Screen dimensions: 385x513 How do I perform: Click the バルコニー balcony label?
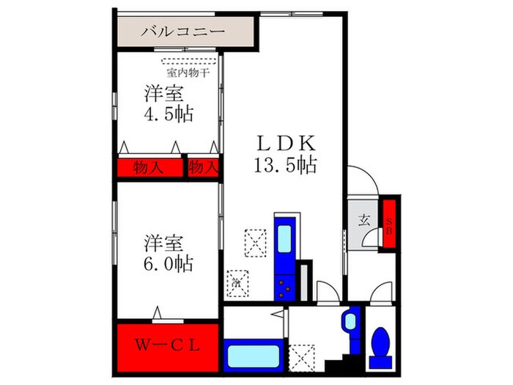182,32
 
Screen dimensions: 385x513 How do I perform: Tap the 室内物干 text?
188,73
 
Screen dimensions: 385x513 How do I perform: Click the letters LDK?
285,141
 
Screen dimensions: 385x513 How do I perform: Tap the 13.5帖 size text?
285,165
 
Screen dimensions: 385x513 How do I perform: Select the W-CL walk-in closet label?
168,345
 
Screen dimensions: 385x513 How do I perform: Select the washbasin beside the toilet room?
350,321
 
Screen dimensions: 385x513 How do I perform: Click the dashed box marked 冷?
238,282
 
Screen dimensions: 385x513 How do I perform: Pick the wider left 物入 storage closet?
150,168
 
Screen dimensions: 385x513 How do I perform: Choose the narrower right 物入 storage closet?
203,168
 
